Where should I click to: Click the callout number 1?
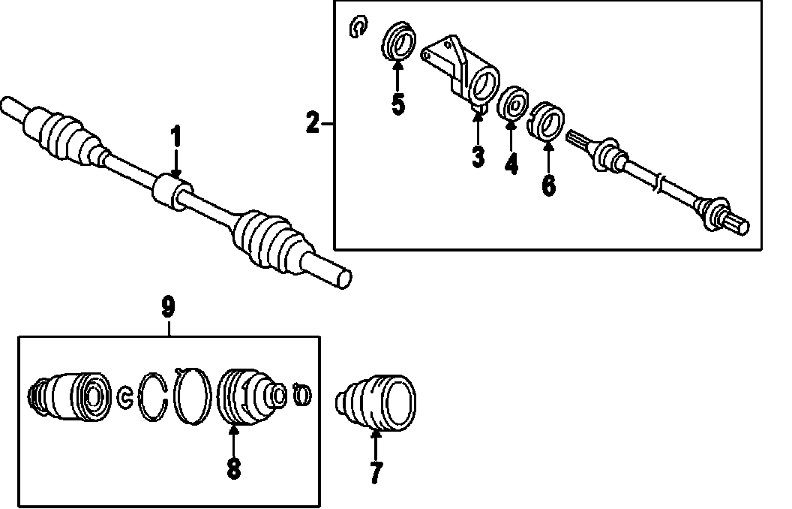(176, 138)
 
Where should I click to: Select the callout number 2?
(313, 122)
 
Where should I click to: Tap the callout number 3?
(478, 157)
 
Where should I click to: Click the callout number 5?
(397, 104)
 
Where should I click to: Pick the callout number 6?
(549, 185)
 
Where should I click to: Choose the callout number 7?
(376, 471)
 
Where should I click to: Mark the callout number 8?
(233, 468)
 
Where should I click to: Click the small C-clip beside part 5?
(358, 28)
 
